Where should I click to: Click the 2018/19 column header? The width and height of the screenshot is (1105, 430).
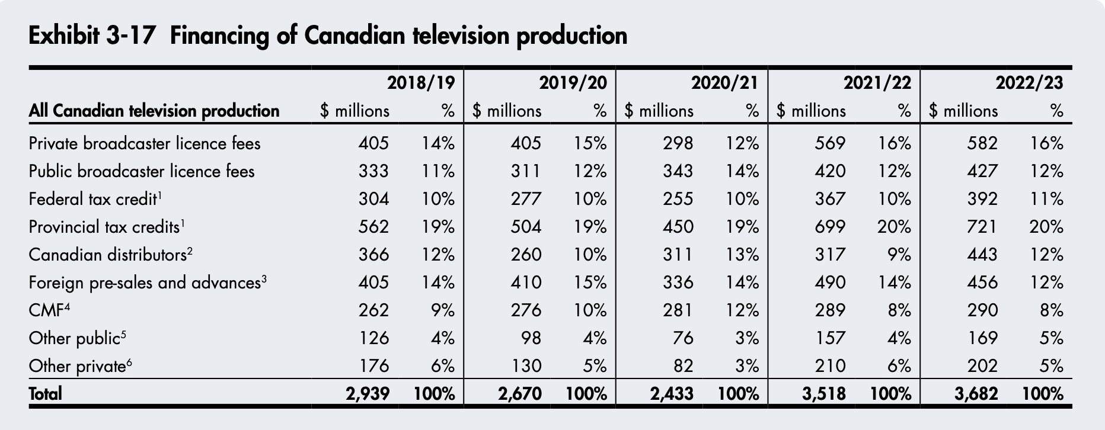point(421,83)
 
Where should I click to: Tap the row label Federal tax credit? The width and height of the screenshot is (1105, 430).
point(92,199)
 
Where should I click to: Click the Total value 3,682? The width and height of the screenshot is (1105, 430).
point(976,394)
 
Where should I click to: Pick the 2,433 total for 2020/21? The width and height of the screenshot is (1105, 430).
point(672,394)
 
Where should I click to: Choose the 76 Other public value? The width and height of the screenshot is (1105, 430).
point(683,338)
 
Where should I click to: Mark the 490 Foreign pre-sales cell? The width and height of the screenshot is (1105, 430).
point(830,283)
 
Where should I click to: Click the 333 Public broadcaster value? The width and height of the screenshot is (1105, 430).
point(373,171)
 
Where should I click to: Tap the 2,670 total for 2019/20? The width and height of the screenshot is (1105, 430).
point(520,394)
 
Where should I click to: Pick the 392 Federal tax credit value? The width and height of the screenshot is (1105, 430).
point(982,199)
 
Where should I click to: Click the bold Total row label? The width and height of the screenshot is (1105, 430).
point(45,394)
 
